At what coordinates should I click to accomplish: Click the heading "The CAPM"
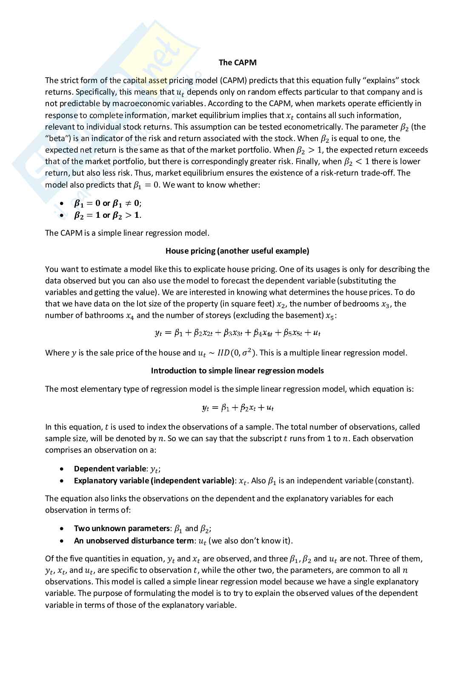click(x=237, y=63)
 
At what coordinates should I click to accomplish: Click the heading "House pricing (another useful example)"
click(x=237, y=251)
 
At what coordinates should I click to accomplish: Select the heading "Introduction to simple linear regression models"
click(x=237, y=371)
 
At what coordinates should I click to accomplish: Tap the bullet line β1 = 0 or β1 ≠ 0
click(x=107, y=203)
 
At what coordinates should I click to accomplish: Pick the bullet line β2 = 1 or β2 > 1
click(x=107, y=215)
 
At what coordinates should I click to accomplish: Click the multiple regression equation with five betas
click(x=237, y=333)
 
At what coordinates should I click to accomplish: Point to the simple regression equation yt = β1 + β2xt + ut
click(x=237, y=408)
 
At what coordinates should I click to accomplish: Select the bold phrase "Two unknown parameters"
click(x=122, y=529)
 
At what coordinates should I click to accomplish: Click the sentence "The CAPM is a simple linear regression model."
click(x=127, y=233)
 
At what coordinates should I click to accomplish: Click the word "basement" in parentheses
click(x=306, y=316)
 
